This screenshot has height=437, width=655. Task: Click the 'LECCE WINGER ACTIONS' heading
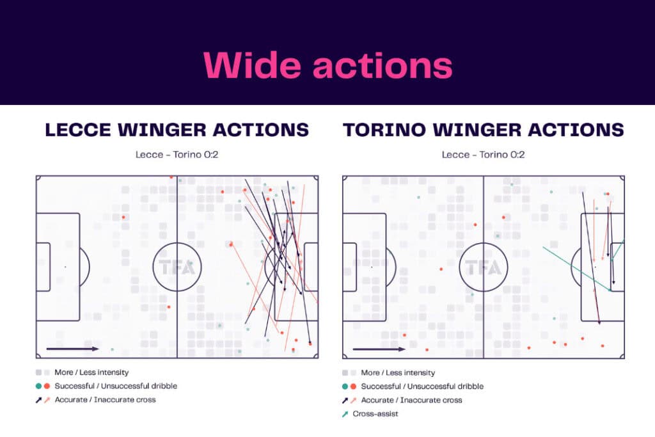(177, 130)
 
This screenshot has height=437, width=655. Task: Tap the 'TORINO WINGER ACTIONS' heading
(483, 130)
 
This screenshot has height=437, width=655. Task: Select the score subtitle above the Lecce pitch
(177, 155)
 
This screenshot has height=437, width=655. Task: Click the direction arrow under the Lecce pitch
(72, 349)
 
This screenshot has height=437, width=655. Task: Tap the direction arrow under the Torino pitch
(379, 349)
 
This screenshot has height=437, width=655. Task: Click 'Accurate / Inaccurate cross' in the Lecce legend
(105, 400)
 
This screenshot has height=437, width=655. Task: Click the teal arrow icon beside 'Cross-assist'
(346, 414)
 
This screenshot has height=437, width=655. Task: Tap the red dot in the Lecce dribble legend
(47, 386)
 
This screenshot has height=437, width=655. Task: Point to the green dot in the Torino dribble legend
(345, 386)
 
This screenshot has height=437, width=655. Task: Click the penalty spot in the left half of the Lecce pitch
(65, 267)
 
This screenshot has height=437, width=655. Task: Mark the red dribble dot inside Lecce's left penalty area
(123, 218)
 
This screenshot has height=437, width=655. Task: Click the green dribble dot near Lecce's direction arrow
(112, 349)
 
